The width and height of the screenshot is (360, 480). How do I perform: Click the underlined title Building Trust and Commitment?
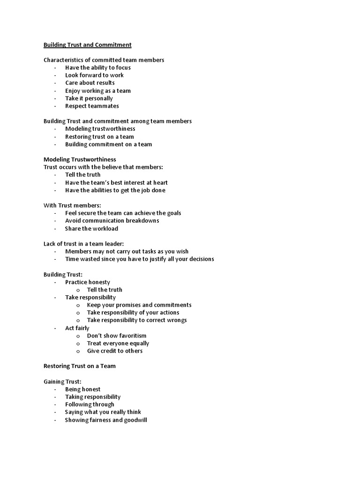coord(87,45)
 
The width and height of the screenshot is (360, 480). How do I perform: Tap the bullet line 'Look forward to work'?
coord(94,75)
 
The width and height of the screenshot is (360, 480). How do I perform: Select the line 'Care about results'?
coord(90,83)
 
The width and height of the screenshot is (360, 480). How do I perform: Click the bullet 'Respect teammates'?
coord(92,106)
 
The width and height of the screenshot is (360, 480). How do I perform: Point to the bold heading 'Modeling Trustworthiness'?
coord(80,159)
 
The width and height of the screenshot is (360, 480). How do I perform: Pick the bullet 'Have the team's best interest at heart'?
coord(116,182)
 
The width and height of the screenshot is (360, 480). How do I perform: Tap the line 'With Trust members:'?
coord(72,205)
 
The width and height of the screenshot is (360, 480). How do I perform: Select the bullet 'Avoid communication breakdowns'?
coord(112,221)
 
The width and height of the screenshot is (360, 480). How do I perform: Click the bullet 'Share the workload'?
coord(91,229)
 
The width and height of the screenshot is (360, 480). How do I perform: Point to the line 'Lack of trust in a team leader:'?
coord(83,244)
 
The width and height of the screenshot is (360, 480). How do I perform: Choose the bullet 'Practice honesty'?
coord(88,282)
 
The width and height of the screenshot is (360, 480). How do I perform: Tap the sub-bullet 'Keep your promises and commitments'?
coord(139,305)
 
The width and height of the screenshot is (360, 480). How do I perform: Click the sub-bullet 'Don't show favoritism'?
coord(117,336)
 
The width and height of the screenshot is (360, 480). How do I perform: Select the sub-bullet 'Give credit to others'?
coord(115,351)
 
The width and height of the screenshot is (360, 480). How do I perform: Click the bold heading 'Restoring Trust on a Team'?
coord(79,366)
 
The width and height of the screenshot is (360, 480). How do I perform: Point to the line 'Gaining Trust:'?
coord(62,382)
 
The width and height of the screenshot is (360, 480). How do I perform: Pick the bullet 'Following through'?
coord(90,405)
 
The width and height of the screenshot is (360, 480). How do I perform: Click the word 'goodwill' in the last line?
coord(135,420)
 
